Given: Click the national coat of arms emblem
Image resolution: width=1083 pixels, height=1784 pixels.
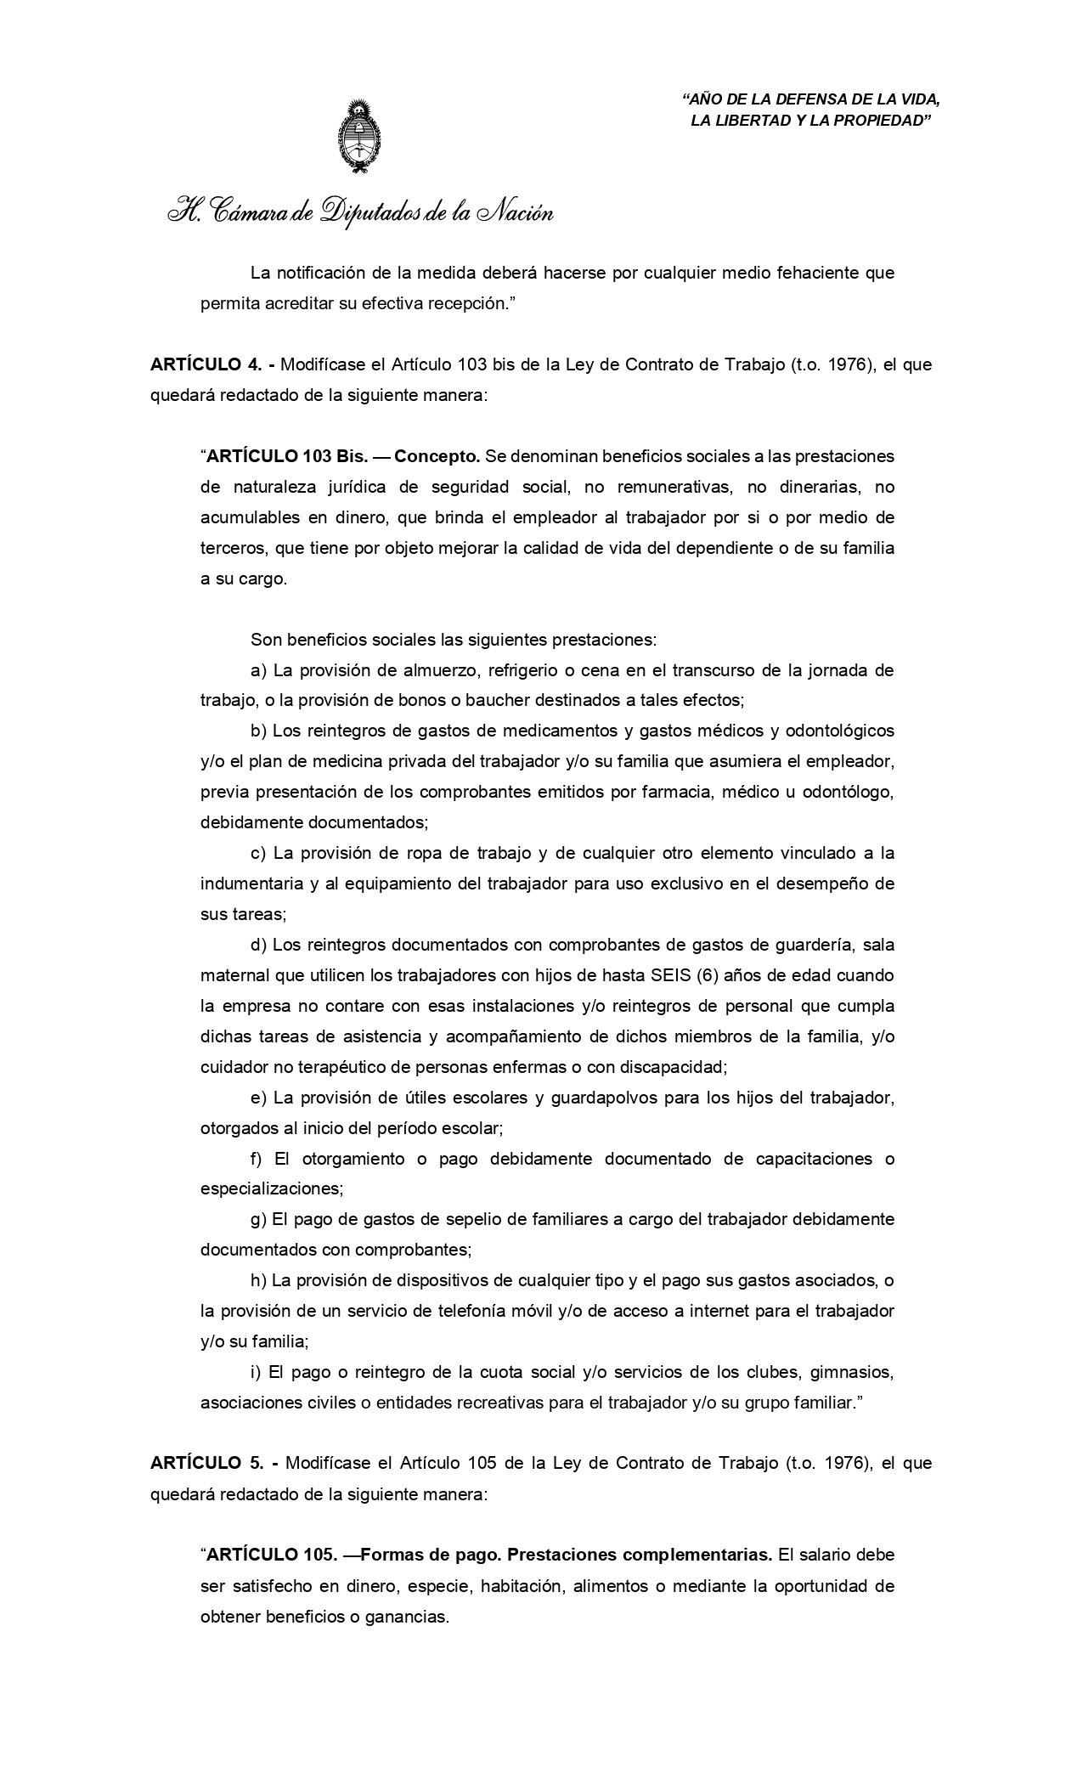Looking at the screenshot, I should point(360,136).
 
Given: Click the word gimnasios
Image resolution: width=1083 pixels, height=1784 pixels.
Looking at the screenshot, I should point(852,1372).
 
